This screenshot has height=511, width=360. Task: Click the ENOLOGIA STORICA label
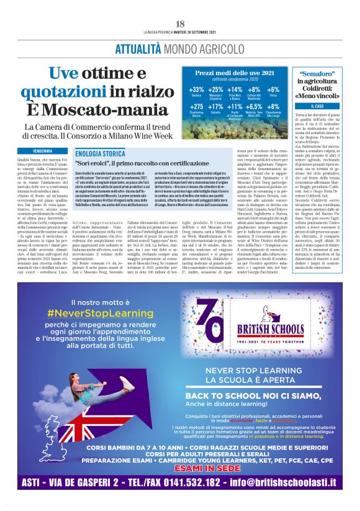tap(99, 153)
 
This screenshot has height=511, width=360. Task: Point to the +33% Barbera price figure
tap(196, 91)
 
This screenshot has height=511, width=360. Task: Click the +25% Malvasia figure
tap(215, 91)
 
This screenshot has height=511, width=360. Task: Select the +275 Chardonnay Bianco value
tap(196, 107)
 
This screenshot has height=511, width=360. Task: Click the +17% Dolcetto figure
tap(215, 107)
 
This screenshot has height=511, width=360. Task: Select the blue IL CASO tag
tap(317, 107)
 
